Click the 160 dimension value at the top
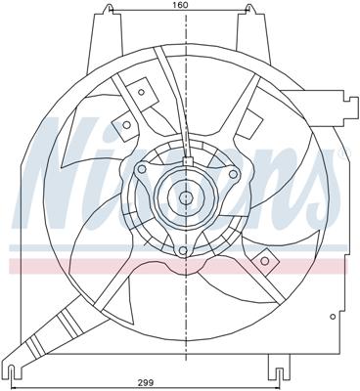click(x=181, y=7)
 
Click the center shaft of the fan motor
click(x=184, y=198)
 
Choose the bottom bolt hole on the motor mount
click(x=182, y=253)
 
